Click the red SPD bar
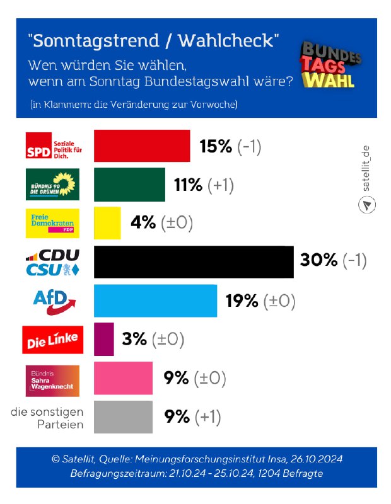(142, 146)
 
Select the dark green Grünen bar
(129, 185)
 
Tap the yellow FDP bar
(107, 223)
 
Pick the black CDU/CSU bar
(194, 261)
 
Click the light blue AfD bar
(155, 301)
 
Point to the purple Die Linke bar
(104, 340)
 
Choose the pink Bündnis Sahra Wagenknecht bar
(123, 378)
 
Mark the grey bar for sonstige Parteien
(123, 416)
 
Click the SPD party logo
(53, 146)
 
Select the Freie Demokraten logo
(53, 223)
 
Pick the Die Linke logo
(53, 340)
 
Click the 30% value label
(319, 261)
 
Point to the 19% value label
(242, 301)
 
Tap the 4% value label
(143, 223)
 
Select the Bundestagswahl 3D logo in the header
(329, 65)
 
